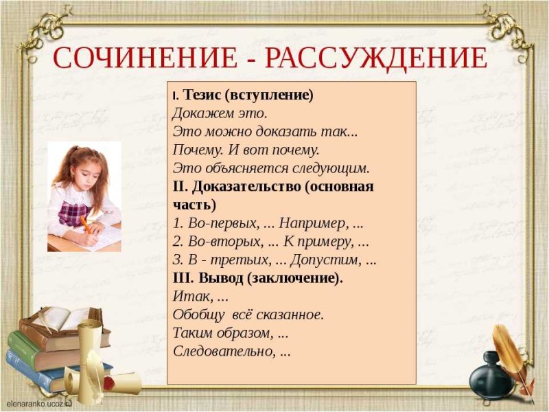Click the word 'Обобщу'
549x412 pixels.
coord(196,314)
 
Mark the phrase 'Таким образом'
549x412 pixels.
coord(220,333)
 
